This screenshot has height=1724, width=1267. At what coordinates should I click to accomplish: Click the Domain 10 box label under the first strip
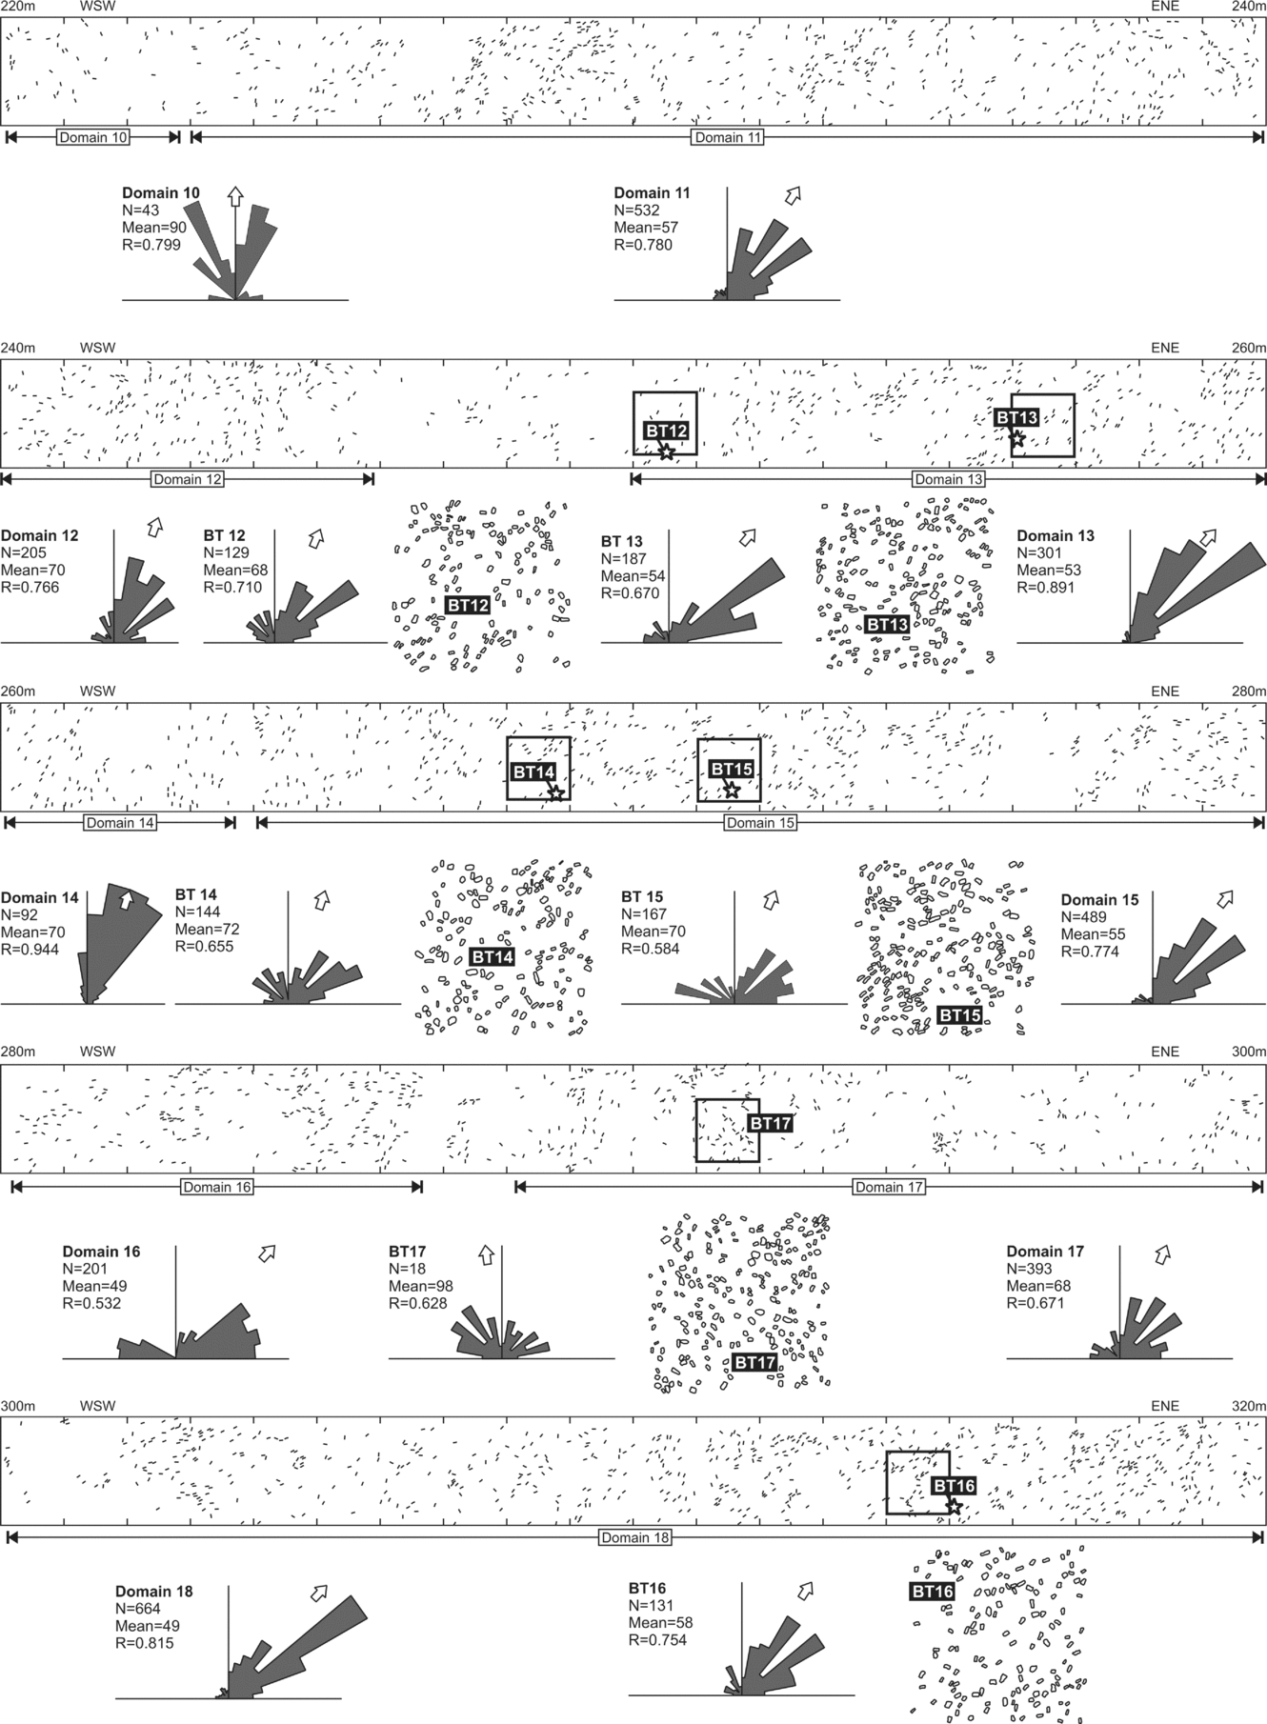[93, 137]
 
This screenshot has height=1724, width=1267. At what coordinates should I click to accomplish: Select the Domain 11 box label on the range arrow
[728, 137]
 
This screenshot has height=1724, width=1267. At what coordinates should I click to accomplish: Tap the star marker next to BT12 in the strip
[667, 451]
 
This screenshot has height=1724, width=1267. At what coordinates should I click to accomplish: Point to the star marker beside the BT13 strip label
[1017, 439]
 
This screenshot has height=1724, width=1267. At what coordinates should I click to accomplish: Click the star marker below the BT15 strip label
[731, 790]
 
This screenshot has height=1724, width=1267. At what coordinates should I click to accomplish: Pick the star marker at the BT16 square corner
[954, 1507]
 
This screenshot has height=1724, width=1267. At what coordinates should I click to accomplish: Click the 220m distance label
[17, 6]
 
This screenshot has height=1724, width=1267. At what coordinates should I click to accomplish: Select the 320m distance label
[1249, 1406]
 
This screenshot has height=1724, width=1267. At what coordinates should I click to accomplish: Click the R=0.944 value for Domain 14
[30, 950]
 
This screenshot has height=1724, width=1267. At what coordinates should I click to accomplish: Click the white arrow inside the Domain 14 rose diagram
[125, 900]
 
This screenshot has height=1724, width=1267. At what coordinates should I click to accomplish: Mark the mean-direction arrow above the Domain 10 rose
[234, 196]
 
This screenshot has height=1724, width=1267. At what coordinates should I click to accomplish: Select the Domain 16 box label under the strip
[217, 1187]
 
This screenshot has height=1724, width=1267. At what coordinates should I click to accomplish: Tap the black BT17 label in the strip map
[770, 1124]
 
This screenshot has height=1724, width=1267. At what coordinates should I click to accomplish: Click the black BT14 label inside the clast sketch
[493, 956]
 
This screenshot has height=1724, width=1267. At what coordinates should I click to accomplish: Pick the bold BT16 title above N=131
[648, 1588]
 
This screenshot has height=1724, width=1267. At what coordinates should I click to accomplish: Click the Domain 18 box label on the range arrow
[635, 1537]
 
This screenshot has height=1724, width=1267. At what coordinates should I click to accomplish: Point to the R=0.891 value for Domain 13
[1046, 588]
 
